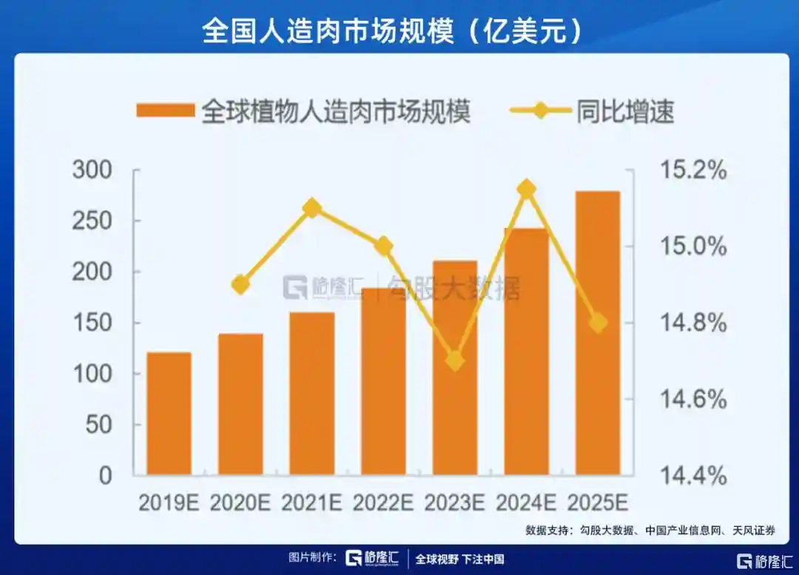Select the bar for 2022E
383,381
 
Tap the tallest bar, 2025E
598,333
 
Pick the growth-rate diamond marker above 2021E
312,208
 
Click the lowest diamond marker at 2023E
455,361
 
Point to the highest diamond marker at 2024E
527,189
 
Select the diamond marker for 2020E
241,285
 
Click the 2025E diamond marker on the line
598,323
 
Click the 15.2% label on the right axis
692,170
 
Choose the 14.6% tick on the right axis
692,400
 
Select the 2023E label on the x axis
455,502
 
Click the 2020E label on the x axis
241,502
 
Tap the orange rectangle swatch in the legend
165,111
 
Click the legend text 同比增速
625,112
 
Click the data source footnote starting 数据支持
650,530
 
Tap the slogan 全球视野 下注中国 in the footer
459,559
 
